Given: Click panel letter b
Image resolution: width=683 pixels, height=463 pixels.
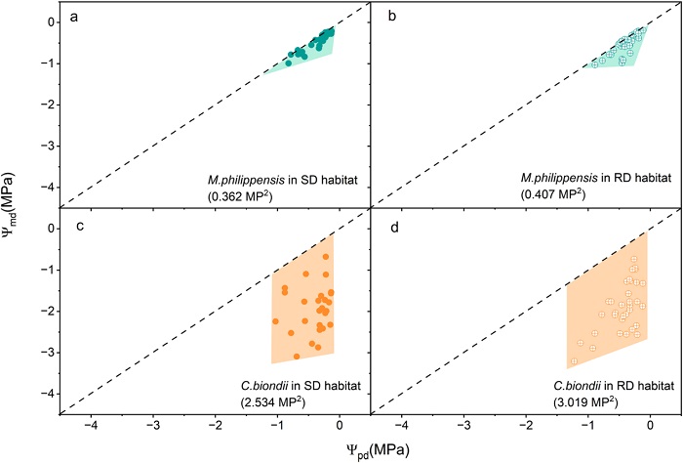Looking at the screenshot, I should (383, 19).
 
